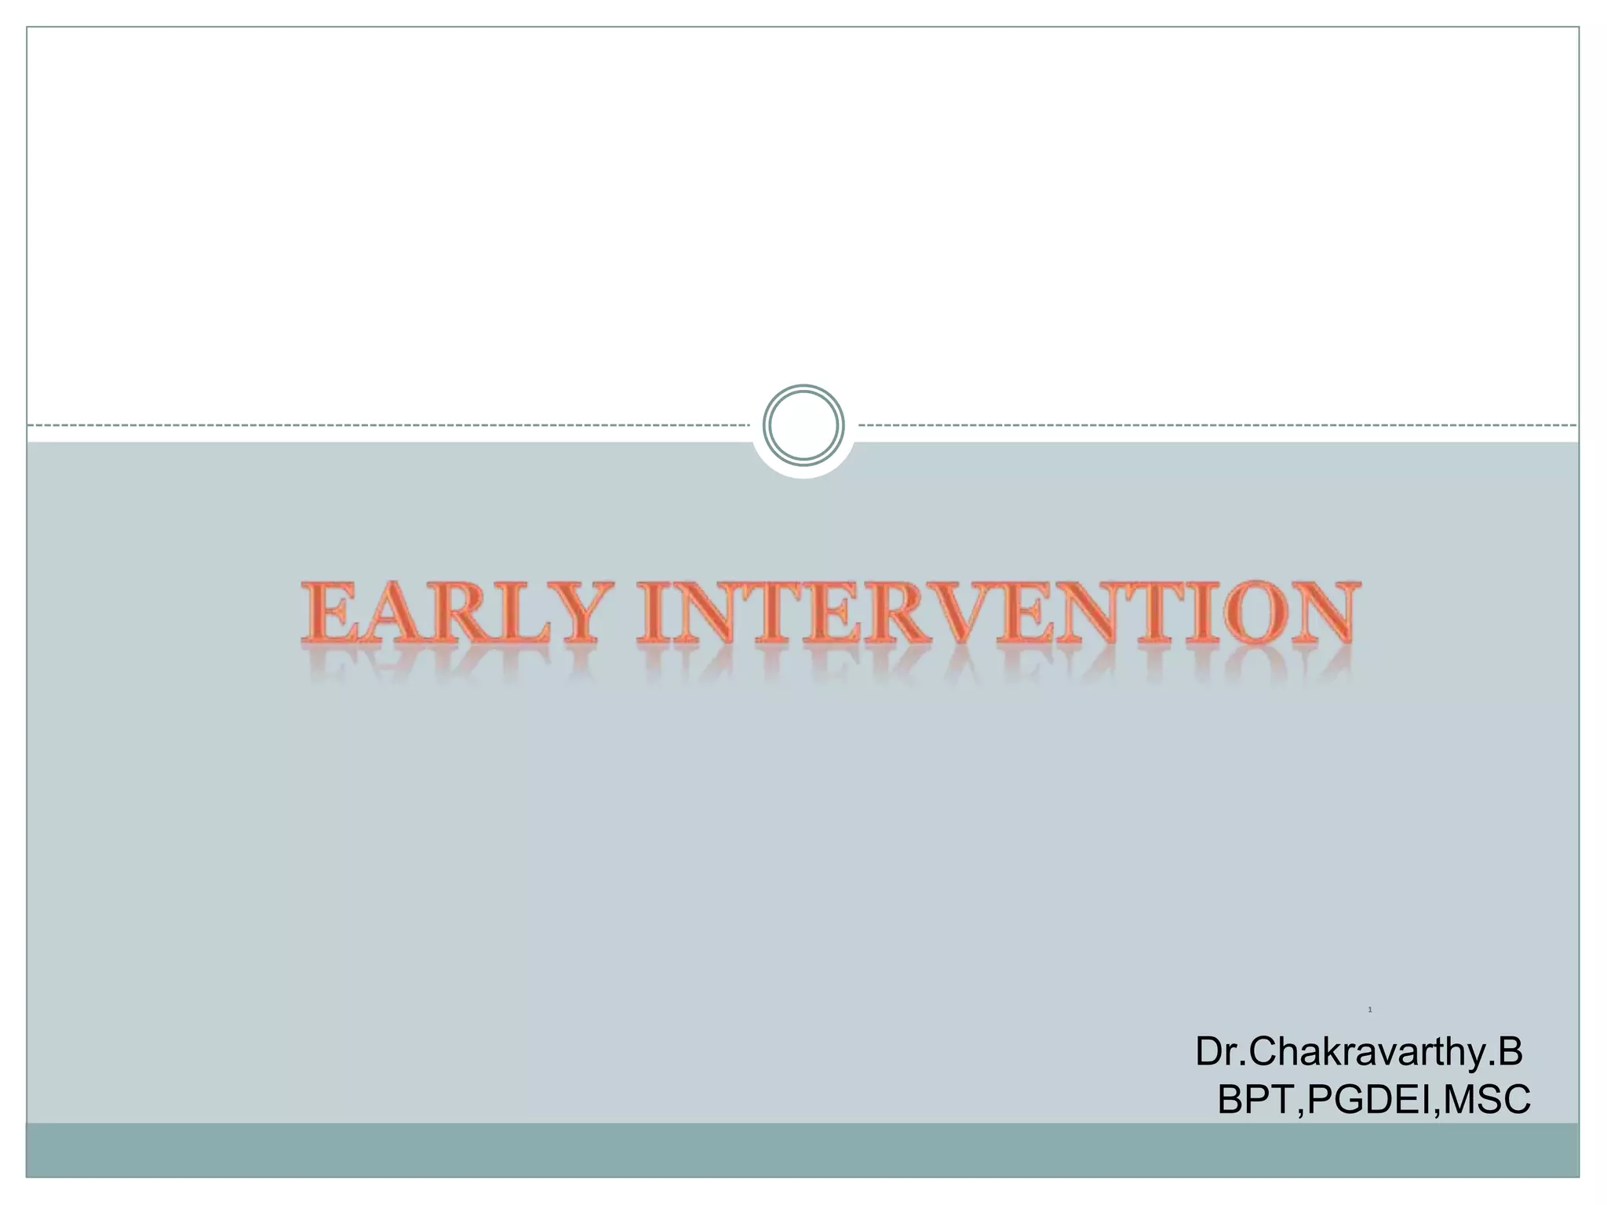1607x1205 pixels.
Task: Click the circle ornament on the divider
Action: coord(803,424)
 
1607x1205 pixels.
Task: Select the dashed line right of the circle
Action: coord(1216,425)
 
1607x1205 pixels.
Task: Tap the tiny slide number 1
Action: coord(1369,1010)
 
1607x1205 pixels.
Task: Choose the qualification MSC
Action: coord(1486,1100)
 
